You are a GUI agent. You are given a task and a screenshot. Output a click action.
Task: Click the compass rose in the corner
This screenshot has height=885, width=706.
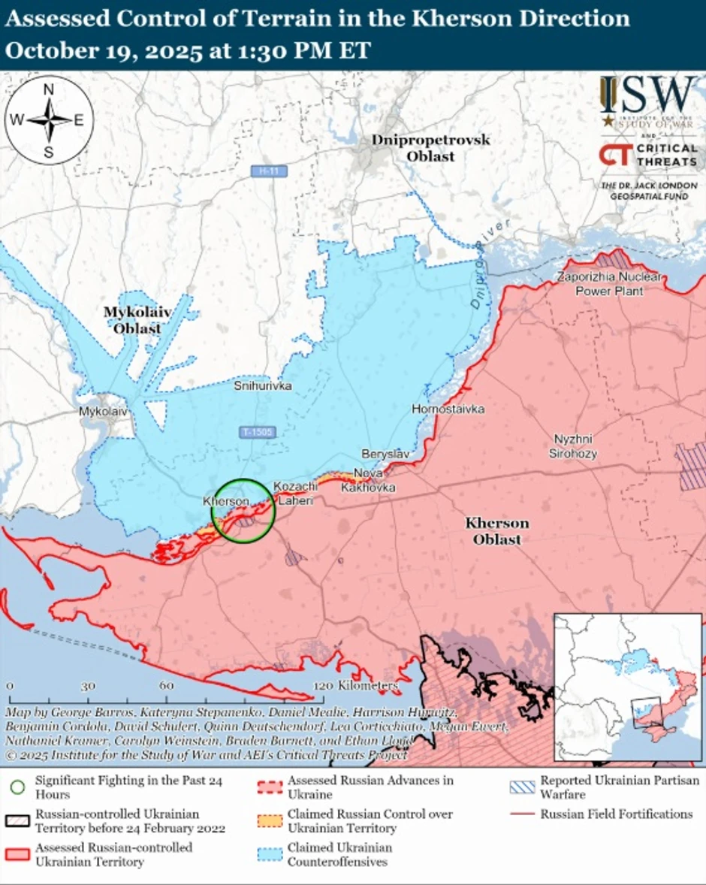coord(48,120)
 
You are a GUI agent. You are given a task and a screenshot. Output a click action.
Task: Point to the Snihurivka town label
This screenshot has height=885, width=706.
coord(263,386)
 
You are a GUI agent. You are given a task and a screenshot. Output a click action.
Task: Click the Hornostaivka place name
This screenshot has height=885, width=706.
coord(448,409)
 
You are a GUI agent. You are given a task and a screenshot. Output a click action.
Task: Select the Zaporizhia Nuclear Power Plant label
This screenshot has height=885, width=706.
coord(609,284)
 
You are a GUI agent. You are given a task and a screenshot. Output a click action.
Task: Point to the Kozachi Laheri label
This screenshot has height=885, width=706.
coord(295,493)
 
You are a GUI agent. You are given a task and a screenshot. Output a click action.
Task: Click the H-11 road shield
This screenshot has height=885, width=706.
coord(269,171)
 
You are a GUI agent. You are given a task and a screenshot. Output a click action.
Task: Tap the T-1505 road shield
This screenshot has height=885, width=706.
coord(258,433)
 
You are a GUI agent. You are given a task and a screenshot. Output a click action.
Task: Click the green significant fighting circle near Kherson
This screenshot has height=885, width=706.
coord(243,510)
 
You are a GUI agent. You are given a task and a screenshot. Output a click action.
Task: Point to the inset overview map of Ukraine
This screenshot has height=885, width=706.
coord(628,687)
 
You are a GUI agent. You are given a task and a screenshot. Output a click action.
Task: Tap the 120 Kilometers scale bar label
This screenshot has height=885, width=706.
coord(357,686)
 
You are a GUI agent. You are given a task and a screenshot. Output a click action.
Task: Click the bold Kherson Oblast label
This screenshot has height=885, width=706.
coord(496,531)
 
